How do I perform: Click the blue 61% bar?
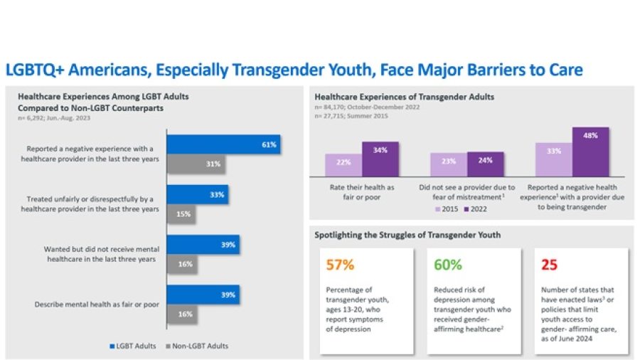(x=223, y=144)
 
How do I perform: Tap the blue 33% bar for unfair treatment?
(x=197, y=194)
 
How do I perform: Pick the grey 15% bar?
(x=181, y=213)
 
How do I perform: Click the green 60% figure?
(x=449, y=265)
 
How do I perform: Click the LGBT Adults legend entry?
(x=134, y=346)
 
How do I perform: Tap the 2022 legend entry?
(x=478, y=208)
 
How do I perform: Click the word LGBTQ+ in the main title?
(x=36, y=70)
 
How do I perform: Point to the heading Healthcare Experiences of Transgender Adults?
(x=405, y=96)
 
